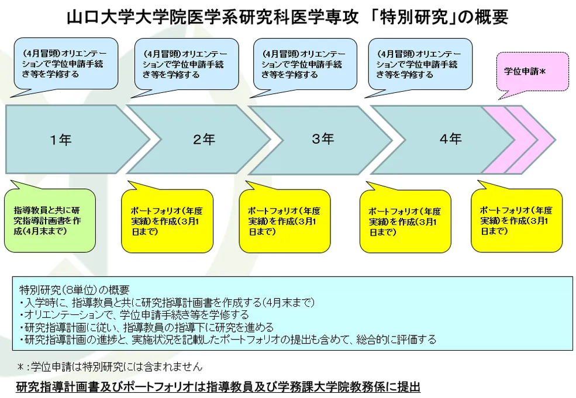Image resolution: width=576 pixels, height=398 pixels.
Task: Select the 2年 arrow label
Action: pos(204,140)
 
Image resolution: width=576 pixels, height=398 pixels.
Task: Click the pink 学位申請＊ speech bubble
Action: pos(532,72)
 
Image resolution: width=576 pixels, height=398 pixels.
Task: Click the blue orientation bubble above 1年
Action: pos(65,64)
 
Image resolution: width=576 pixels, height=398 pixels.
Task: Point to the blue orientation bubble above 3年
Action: pos(303,64)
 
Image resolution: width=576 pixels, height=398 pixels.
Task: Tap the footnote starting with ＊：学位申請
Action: pos(109,367)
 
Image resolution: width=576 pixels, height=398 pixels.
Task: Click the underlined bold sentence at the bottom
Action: pos(218,387)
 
